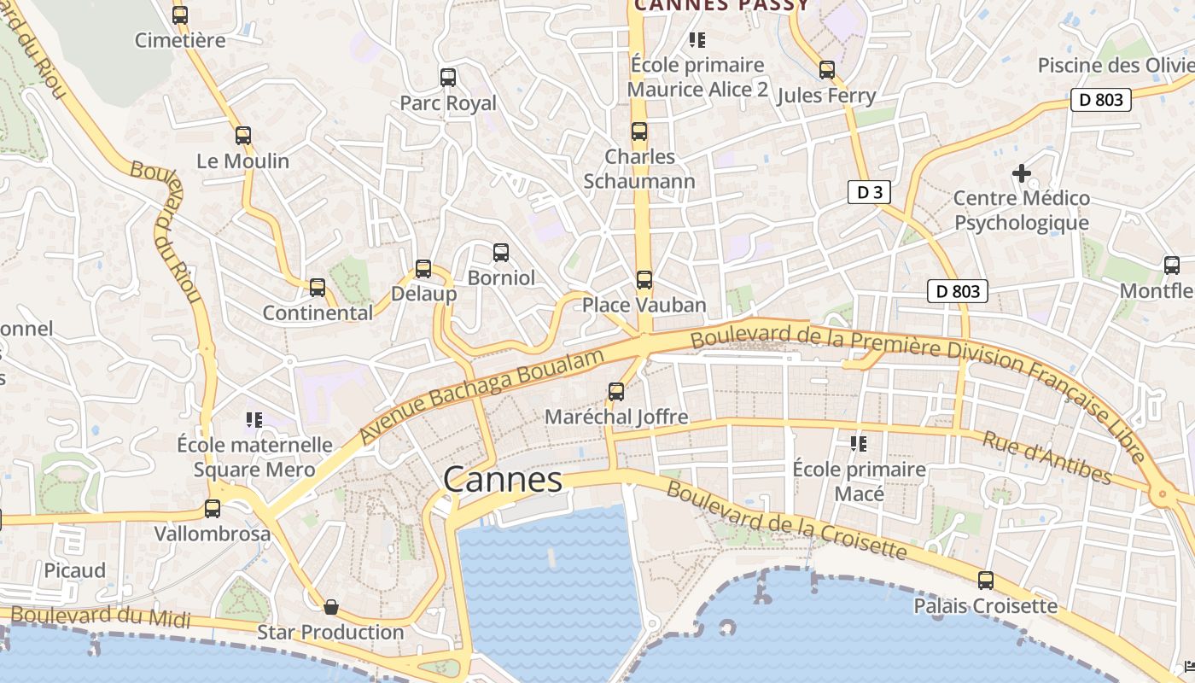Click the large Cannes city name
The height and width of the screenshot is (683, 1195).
[x=503, y=480]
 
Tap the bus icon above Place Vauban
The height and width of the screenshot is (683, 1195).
[x=644, y=279]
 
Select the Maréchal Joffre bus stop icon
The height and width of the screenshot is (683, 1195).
[x=616, y=392]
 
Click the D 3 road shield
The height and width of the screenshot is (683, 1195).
[x=869, y=192]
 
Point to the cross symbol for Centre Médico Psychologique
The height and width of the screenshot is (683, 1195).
[x=1021, y=173]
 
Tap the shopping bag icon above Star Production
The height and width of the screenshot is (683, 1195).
[x=331, y=607]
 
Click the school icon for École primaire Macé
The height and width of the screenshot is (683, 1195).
[x=858, y=444]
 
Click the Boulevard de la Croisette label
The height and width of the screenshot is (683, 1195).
[x=785, y=519]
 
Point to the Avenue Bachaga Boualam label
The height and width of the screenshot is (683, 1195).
[x=482, y=394]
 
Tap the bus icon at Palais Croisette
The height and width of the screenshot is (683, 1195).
[x=986, y=581]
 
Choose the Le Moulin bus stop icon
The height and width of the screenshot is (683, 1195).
[x=243, y=135]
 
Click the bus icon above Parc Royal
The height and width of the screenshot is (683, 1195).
[x=448, y=78]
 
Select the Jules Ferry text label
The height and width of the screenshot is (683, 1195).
[x=826, y=96]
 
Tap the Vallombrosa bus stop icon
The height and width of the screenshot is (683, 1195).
[x=213, y=509]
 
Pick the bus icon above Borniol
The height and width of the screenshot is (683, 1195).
[x=501, y=253]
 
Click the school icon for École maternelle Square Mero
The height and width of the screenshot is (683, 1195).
[x=254, y=419]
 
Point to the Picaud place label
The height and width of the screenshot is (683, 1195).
[x=75, y=570]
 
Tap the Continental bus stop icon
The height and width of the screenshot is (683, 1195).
[x=318, y=288]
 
